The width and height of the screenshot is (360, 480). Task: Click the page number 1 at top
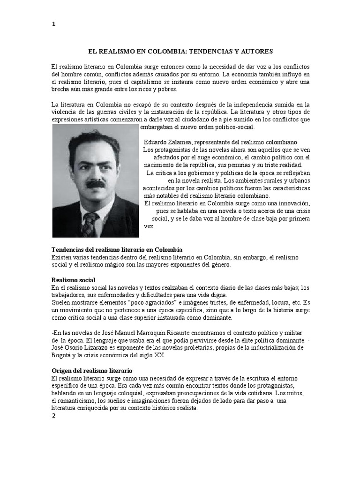[x=53, y=25]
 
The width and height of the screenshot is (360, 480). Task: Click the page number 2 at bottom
[x=53, y=418]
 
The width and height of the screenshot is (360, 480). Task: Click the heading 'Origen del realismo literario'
[x=92, y=370]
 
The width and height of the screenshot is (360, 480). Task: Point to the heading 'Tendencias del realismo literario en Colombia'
[x=117, y=249]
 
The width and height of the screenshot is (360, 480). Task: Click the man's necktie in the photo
[x=90, y=224]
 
